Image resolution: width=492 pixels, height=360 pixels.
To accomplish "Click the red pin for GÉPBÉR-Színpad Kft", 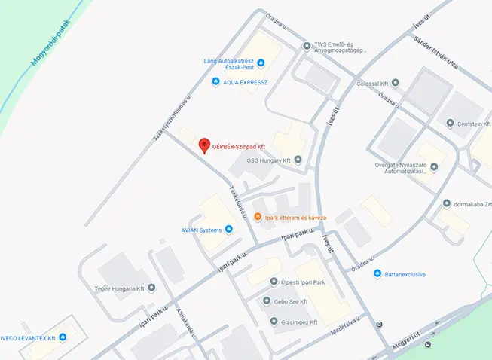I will (203, 145).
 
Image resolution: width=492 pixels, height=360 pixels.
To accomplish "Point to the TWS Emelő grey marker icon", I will (306, 46).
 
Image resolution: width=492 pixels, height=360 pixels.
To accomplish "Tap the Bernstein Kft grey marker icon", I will (449, 123).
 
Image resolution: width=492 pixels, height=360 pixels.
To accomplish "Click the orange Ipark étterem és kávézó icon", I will (258, 217).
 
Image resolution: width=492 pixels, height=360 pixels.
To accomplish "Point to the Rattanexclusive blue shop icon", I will (377, 273).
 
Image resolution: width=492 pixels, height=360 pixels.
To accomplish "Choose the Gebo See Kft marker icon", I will (266, 301).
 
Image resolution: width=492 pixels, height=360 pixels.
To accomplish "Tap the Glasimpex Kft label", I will (300, 322).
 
